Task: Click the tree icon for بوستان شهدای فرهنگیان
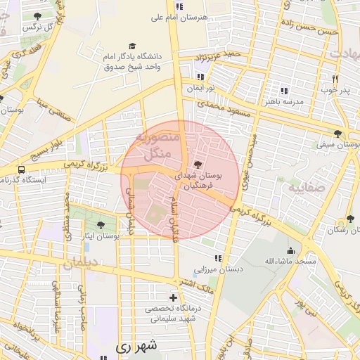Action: coord(196,164)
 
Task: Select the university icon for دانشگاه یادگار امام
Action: coord(131,44)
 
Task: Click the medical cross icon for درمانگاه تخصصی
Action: coord(174,298)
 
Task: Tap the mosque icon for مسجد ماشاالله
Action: coord(290,250)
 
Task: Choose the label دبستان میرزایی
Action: coord(219,269)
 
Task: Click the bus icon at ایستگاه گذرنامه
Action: coord(22,169)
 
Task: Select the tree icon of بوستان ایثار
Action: coord(101,226)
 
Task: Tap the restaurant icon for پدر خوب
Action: coord(335,79)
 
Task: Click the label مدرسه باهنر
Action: coord(284,102)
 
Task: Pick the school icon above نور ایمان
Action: coord(201,77)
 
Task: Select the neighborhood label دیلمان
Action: coord(83,264)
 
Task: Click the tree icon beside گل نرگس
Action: coord(37,16)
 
